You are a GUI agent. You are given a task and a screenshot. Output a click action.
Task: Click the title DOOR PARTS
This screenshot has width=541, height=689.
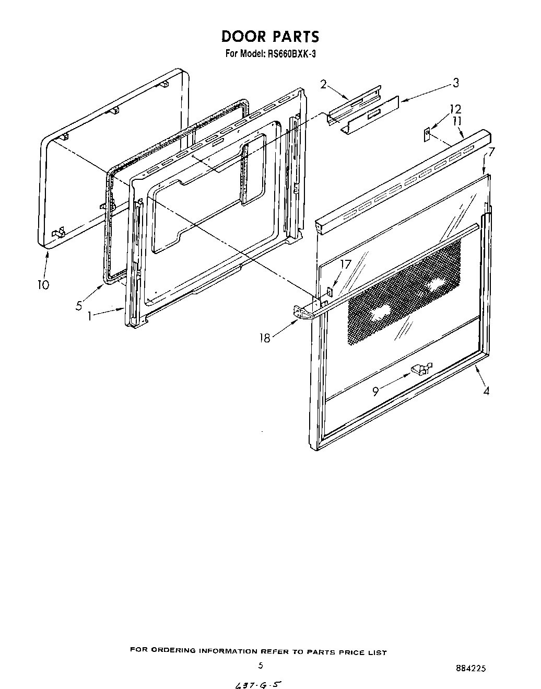point(269,37)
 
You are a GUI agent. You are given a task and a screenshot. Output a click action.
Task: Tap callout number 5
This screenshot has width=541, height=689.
point(79,306)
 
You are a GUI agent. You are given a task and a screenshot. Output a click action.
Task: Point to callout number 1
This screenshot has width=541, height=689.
point(90,316)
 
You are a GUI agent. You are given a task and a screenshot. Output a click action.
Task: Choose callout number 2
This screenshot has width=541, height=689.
point(323,84)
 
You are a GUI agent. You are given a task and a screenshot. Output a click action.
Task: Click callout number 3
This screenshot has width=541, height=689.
point(455,83)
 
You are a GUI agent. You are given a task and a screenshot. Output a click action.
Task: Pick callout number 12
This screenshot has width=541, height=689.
point(455,109)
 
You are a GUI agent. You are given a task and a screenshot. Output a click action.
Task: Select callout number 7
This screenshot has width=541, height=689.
point(491,152)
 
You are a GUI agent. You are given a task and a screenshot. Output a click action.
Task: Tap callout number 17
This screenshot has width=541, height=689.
point(346,265)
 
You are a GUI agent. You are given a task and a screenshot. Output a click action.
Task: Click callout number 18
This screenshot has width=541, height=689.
point(265,338)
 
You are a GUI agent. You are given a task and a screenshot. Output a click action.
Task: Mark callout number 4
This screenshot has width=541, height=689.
point(486,391)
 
